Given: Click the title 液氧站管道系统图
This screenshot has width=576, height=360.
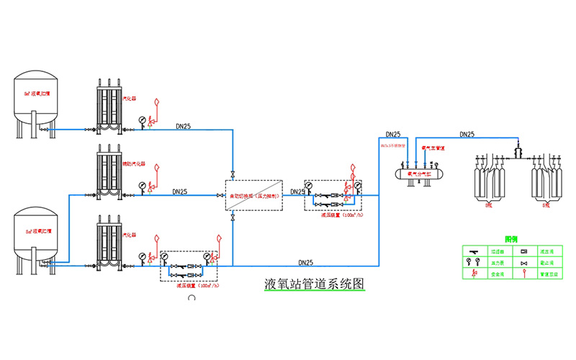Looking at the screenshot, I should (315, 283).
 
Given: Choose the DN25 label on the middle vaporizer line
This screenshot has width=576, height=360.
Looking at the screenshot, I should (180, 192).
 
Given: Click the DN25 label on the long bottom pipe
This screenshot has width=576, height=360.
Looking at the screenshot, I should (305, 262).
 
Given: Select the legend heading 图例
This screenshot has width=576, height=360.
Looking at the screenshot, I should (512, 238).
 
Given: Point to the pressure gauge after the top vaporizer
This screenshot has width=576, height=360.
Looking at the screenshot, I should (142, 120).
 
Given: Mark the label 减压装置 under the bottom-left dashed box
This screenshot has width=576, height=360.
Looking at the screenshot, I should (189, 286).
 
